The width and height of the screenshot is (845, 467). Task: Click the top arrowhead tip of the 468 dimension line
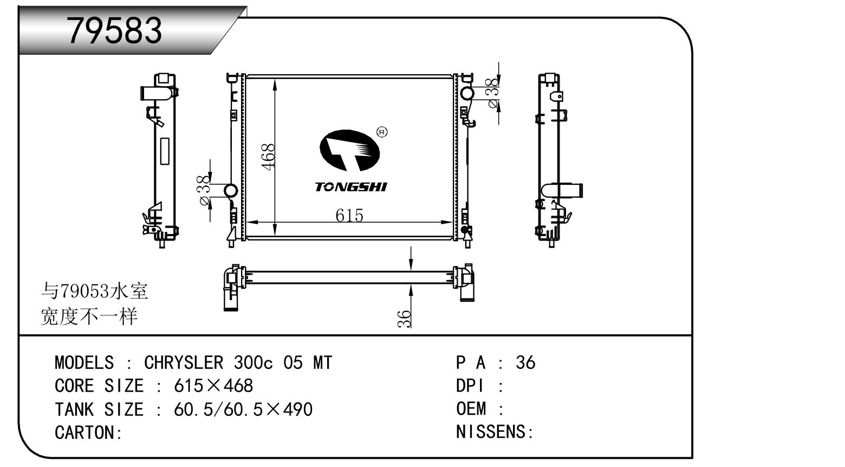(x=275, y=79)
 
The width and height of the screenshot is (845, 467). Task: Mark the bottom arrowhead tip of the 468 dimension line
(x=275, y=236)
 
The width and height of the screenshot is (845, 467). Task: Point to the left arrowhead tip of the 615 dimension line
(x=246, y=222)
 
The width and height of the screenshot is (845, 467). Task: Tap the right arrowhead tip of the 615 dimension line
(x=453, y=222)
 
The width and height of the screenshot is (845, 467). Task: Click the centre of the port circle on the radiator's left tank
(x=231, y=191)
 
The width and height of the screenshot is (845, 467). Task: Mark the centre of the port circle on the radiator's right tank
(x=467, y=93)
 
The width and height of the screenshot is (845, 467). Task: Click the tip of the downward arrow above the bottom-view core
(x=411, y=270)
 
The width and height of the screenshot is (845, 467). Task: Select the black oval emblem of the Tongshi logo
(x=350, y=150)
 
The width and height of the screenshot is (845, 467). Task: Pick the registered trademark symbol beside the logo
(x=382, y=132)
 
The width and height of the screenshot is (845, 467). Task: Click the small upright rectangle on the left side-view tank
(x=165, y=151)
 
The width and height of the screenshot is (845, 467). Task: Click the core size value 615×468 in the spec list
(x=213, y=386)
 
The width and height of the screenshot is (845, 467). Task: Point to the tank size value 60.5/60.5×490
(x=243, y=409)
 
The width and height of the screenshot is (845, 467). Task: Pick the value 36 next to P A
(x=525, y=362)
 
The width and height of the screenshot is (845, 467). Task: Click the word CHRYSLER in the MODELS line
(x=184, y=363)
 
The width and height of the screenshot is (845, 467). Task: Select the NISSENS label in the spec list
(x=491, y=432)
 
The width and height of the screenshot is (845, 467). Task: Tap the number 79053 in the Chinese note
(x=85, y=291)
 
